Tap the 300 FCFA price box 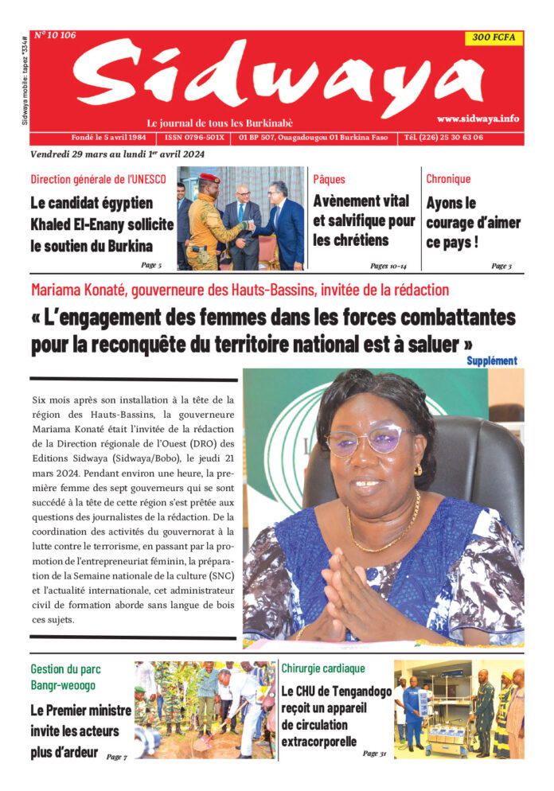click(494, 37)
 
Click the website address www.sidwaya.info click(478, 119)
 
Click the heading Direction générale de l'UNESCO click(98, 179)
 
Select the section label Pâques click(329, 179)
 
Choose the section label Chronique click(448, 179)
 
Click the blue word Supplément click(491, 360)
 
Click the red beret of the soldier click(209, 177)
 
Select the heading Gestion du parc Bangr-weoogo click(66, 676)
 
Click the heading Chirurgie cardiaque click(323, 668)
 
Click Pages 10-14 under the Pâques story click(389, 266)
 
